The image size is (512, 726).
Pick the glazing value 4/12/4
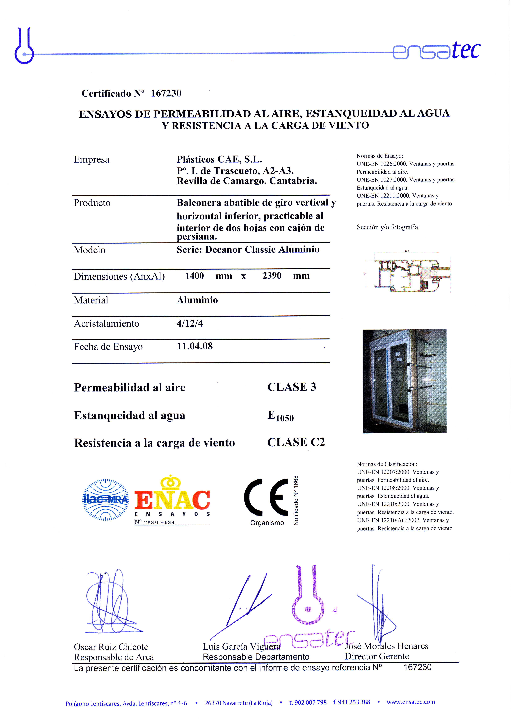(x=190, y=323)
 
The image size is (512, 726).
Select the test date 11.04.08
(x=195, y=346)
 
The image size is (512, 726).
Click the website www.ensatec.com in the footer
(x=411, y=702)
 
